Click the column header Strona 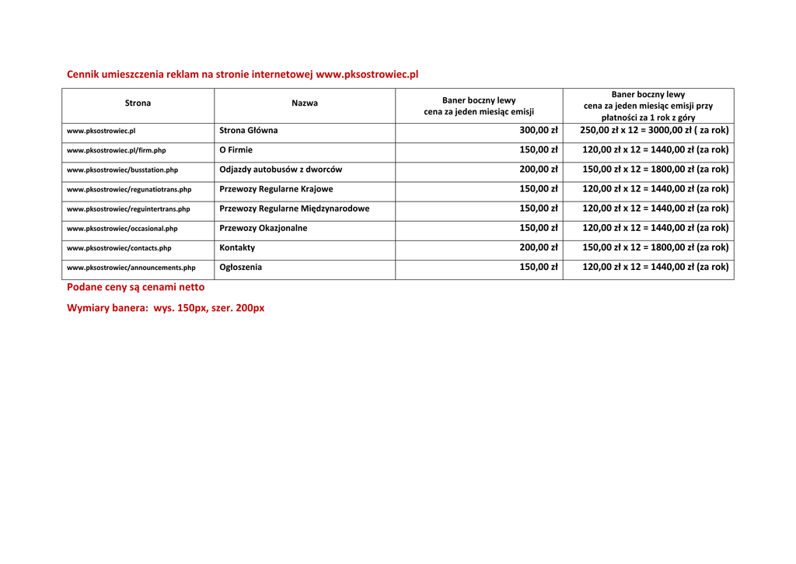pyautogui.click(x=138, y=103)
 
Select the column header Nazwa pyautogui.click(x=304, y=103)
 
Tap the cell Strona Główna pyautogui.click(x=249, y=131)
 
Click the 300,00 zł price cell pyautogui.click(x=538, y=131)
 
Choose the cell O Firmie pyautogui.click(x=236, y=150)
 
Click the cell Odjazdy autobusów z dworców pyautogui.click(x=281, y=170)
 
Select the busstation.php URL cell pyautogui.click(x=122, y=170)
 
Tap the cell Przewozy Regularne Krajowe pyautogui.click(x=276, y=189)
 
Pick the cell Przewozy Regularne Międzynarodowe pyautogui.click(x=295, y=208)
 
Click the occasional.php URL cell pyautogui.click(x=122, y=229)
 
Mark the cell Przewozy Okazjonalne pyautogui.click(x=264, y=229)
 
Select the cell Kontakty pyautogui.click(x=237, y=248)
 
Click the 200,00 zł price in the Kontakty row pyautogui.click(x=538, y=248)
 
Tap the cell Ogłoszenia pyautogui.click(x=241, y=268)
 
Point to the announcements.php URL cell pyautogui.click(x=131, y=268)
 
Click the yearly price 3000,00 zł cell pyautogui.click(x=654, y=131)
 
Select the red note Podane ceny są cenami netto pyautogui.click(x=136, y=287)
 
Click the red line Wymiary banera pyautogui.click(x=166, y=308)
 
